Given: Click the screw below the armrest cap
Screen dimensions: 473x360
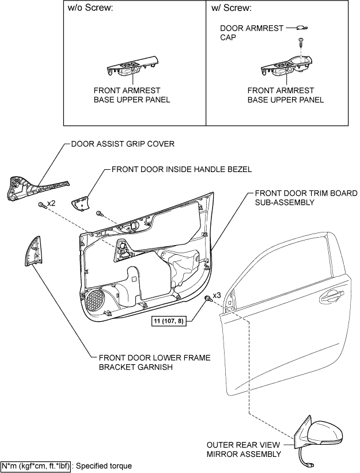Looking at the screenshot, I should pyautogui.click(x=300, y=41).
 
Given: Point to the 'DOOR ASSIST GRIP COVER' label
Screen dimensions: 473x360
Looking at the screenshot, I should pyautogui.click(x=122, y=143).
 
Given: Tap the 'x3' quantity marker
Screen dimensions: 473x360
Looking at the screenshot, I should pyautogui.click(x=217, y=295).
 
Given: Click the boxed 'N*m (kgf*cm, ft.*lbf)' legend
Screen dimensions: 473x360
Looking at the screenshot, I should pyautogui.click(x=36, y=466).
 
